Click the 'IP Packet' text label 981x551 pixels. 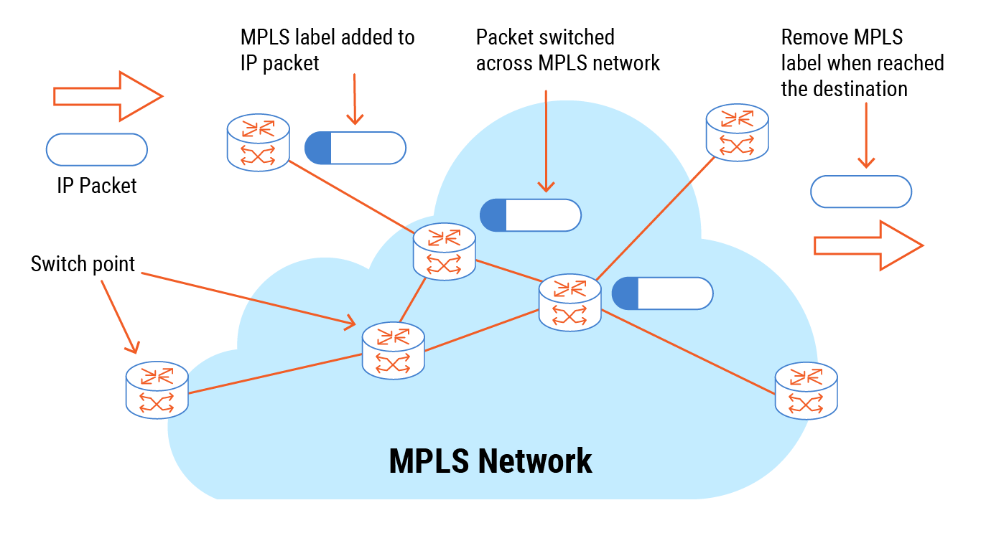pos(97,187)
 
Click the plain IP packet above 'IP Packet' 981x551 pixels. pos(97,150)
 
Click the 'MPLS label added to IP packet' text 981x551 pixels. pos(327,50)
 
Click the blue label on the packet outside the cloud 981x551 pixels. pos(318,148)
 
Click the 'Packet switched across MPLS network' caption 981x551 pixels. pos(567,50)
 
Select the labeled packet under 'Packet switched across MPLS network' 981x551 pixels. pos(530,215)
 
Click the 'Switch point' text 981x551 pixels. pos(83,264)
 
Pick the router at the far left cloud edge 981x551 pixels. pos(157,390)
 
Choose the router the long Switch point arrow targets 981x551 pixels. pos(394,350)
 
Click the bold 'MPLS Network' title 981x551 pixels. pos(490,461)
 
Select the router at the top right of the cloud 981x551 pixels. pos(737,132)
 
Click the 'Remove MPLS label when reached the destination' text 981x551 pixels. pos(862,63)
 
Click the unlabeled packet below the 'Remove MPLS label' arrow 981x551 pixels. pos(861,192)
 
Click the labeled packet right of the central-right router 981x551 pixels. pos(662,293)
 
